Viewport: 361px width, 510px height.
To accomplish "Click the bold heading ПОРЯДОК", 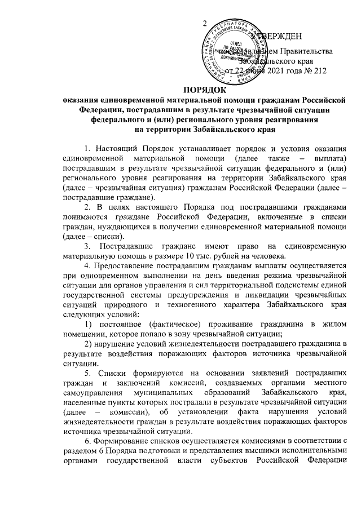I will click(x=205, y=90).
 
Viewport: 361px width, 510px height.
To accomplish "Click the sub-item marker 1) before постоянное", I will click(x=88, y=324).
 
